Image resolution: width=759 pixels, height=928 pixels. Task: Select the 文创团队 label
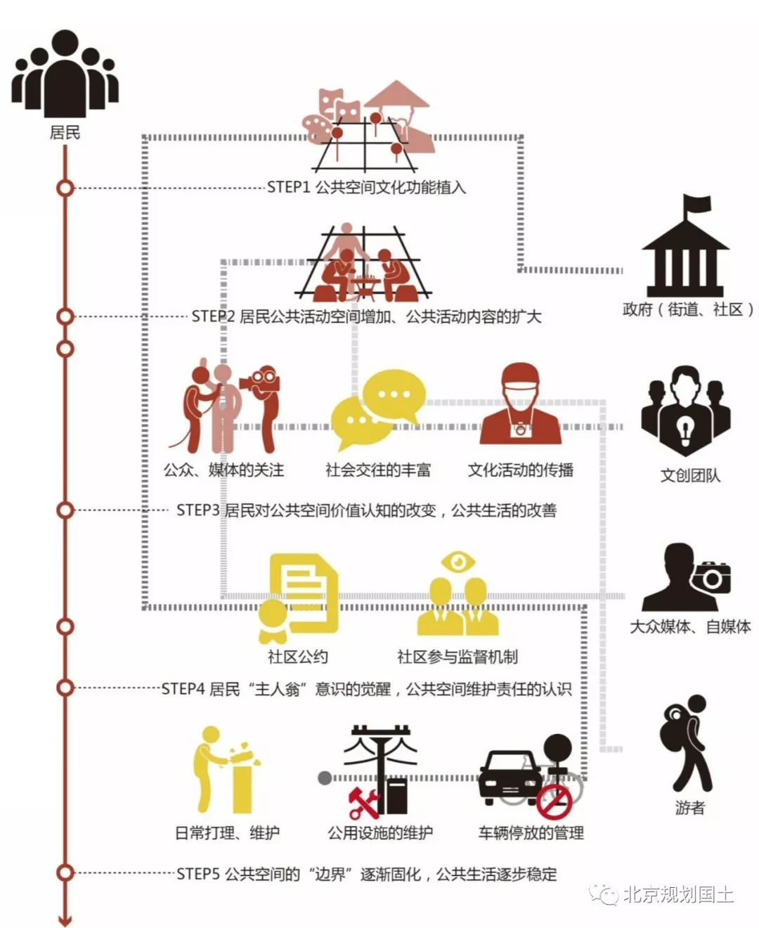(x=690, y=475)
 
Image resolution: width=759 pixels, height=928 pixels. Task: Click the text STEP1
(x=288, y=188)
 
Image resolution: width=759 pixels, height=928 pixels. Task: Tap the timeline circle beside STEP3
(x=65, y=510)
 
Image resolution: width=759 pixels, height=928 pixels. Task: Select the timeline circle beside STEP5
(x=65, y=873)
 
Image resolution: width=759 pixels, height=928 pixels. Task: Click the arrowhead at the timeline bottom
(x=65, y=919)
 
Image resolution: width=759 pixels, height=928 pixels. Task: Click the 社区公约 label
(x=297, y=657)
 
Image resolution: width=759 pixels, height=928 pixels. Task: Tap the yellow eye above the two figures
(x=458, y=562)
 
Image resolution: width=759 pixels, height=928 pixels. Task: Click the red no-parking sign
(x=554, y=802)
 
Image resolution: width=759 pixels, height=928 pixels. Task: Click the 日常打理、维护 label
(x=227, y=833)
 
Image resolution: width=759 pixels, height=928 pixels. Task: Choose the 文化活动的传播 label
(x=521, y=470)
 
